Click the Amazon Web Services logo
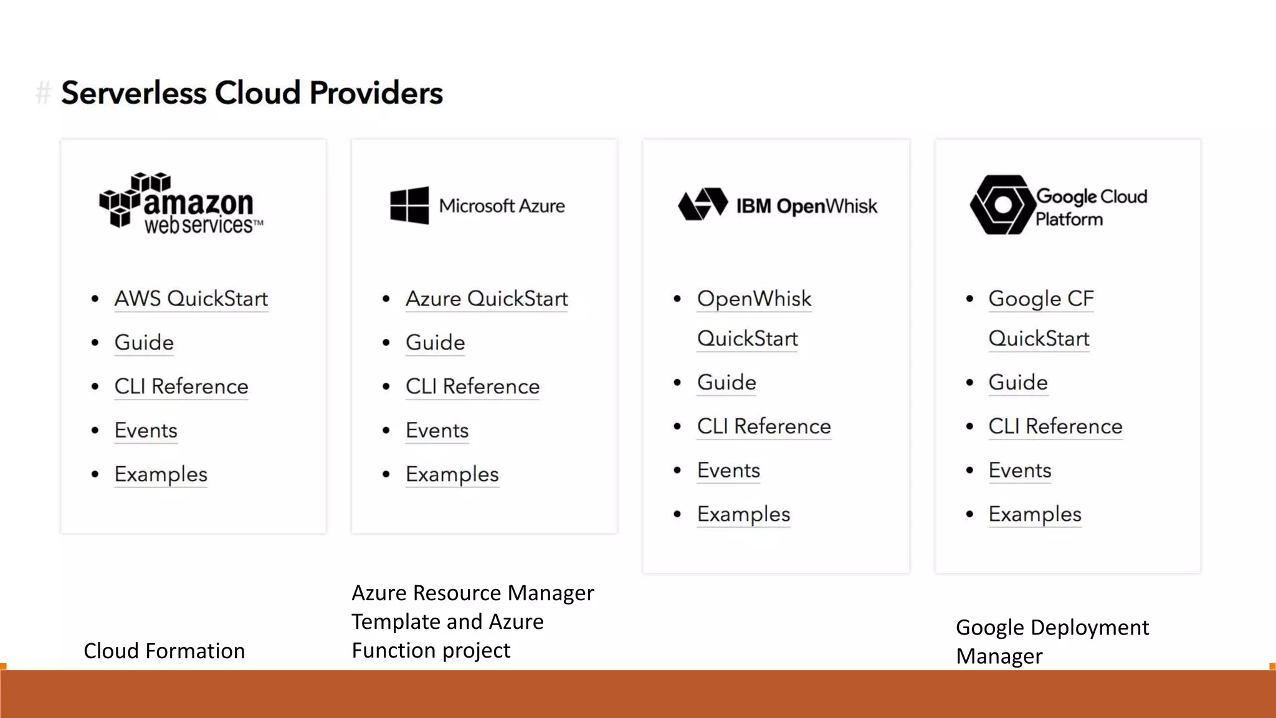[181, 204]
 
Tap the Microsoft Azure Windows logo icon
[409, 205]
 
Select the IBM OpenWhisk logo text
[806, 206]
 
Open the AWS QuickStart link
[191, 299]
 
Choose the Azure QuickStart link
[487, 299]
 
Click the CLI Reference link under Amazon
[181, 386]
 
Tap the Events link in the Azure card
[437, 430]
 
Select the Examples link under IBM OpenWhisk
[743, 514]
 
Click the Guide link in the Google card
[1018, 382]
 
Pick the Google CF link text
[1040, 299]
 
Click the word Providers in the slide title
[376, 93]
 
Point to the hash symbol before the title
[43, 93]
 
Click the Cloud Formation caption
[164, 651]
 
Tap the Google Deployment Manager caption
[1052, 641]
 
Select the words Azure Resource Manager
[472, 593]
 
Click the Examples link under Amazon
[161, 474]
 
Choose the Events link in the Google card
[1020, 470]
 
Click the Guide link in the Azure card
[435, 342]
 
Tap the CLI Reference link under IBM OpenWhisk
[764, 426]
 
